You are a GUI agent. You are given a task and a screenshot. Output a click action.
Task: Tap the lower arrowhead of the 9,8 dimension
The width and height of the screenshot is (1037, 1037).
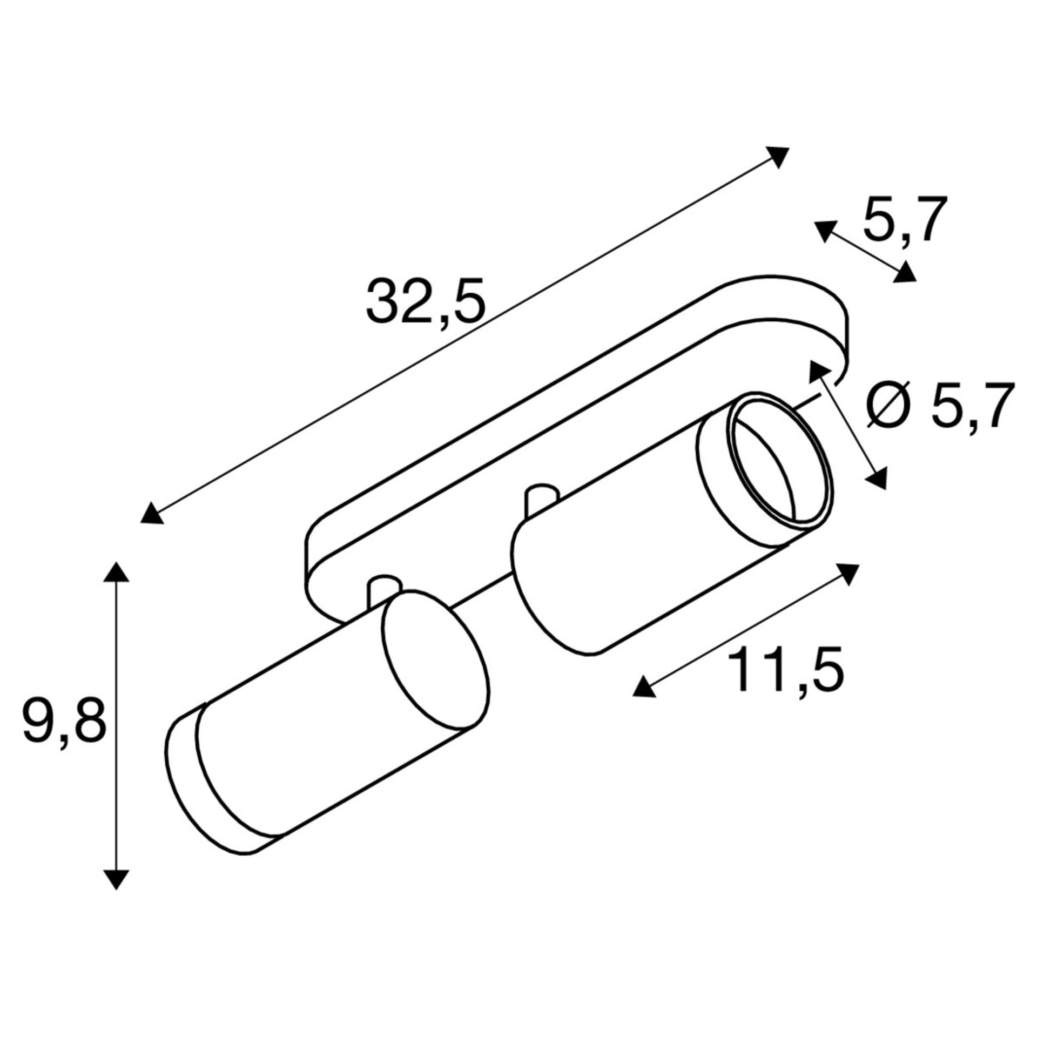(116, 877)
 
